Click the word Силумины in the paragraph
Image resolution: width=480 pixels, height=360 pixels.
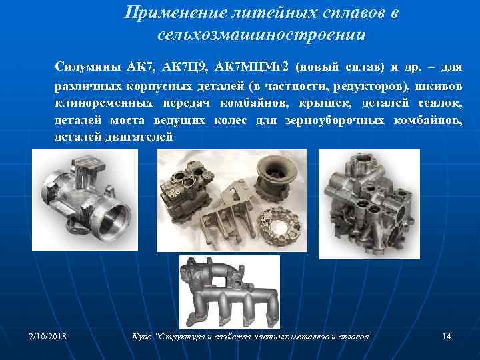pos(84,68)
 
